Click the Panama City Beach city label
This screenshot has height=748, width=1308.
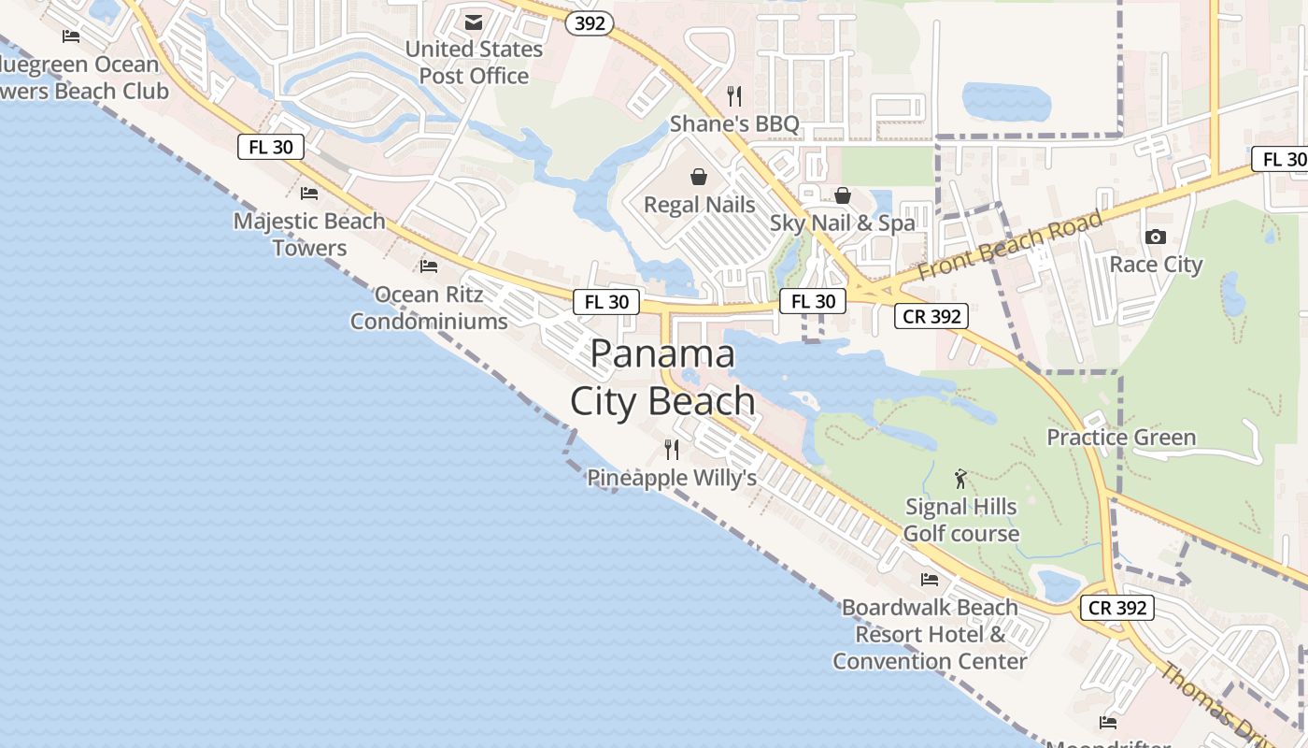point(663,378)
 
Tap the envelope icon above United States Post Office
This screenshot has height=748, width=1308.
point(474,22)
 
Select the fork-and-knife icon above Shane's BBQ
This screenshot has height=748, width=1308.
point(734,95)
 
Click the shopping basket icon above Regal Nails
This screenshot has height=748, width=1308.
point(699,177)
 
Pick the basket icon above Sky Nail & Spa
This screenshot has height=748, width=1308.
point(843,195)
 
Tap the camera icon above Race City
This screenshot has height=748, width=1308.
point(1156,237)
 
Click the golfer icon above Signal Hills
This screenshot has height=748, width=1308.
point(960,480)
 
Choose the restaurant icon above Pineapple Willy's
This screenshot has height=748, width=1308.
point(672,450)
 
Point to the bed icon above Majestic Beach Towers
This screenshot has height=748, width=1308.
point(309,194)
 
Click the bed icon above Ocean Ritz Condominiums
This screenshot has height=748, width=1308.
point(429,266)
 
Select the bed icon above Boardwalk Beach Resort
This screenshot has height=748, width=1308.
point(930,580)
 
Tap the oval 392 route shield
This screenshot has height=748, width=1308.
point(590,23)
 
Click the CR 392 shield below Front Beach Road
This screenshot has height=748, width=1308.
point(932,316)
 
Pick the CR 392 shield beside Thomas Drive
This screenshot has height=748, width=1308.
point(1118,608)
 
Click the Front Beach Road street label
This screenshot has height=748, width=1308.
point(1010,246)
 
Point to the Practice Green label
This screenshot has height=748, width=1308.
point(1121,438)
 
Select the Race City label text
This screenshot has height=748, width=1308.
point(1156,265)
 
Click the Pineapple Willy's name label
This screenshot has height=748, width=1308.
point(672,478)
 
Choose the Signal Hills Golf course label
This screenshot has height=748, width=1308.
point(961,520)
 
